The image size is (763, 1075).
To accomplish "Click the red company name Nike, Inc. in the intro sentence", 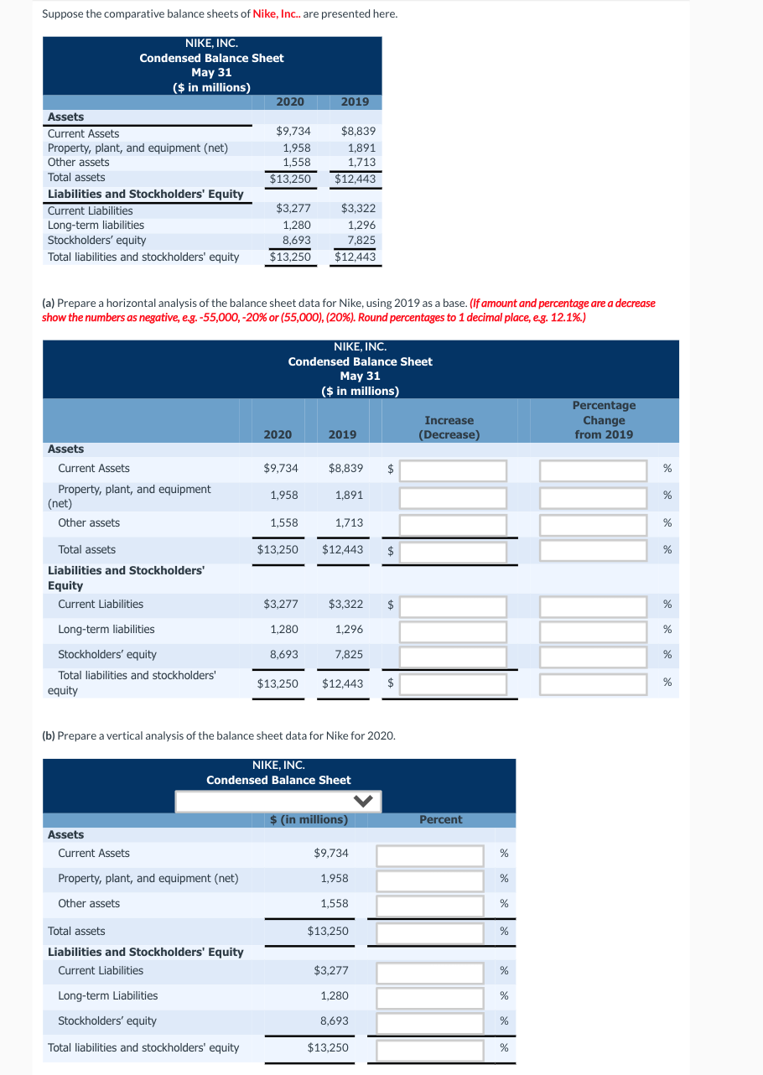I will (x=276, y=14).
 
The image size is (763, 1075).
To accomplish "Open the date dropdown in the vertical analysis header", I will (x=278, y=801).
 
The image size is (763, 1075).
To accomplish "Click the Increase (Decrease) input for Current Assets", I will (x=453, y=470).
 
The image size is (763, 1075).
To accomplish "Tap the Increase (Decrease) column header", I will (x=449, y=428).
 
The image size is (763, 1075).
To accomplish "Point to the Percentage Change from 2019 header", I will (x=604, y=420).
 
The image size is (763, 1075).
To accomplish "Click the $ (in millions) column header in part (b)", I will (x=309, y=819).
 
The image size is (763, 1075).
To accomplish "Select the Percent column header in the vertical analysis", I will (x=440, y=819).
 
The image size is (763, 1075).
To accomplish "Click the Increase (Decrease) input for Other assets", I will (x=453, y=525).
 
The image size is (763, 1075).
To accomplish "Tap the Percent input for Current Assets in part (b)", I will (x=430, y=855).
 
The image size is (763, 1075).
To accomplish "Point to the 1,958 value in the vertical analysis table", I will (x=335, y=878).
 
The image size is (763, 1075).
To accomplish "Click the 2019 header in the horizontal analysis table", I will (x=342, y=434).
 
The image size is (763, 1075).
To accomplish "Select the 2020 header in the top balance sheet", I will (x=290, y=101).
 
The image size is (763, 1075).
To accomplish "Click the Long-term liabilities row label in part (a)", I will (x=106, y=629).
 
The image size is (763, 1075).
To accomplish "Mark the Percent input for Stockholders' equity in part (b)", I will (x=430, y=1022).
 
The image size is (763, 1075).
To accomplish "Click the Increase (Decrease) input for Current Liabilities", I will (x=453, y=605).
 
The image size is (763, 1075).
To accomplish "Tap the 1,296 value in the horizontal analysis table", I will (x=349, y=629).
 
